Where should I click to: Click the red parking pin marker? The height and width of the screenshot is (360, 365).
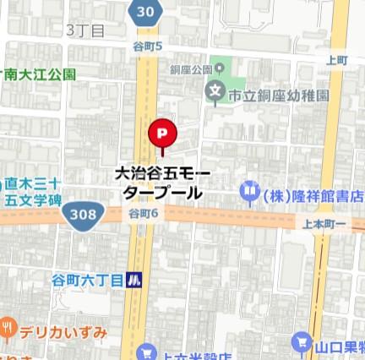pos(161,134)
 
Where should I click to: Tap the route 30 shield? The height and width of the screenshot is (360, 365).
pos(145,11)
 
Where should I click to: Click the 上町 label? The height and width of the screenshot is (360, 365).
pos(337,60)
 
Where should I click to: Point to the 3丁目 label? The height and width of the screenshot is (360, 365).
pos(86,30)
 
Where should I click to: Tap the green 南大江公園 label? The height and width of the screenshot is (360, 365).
pos(38,74)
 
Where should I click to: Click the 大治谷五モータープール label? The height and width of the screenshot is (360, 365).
pos(163,183)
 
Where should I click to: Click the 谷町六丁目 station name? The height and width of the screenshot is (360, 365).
pos(86,280)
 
